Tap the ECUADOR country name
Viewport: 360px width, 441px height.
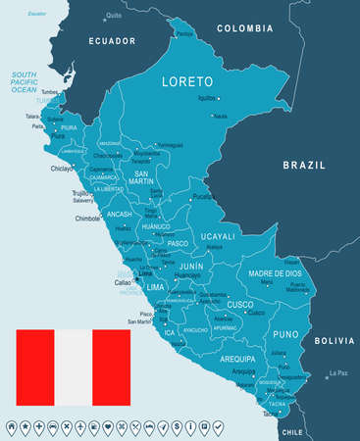(111, 40)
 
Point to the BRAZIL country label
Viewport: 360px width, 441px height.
(303, 166)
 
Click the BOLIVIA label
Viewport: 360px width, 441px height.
(328, 340)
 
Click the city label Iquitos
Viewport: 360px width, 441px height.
(206, 99)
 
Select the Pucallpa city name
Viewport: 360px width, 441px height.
(205, 196)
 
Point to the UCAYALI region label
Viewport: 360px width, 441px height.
(216, 236)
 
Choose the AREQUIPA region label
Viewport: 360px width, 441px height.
(236, 360)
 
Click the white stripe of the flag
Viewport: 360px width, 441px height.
(73, 367)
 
